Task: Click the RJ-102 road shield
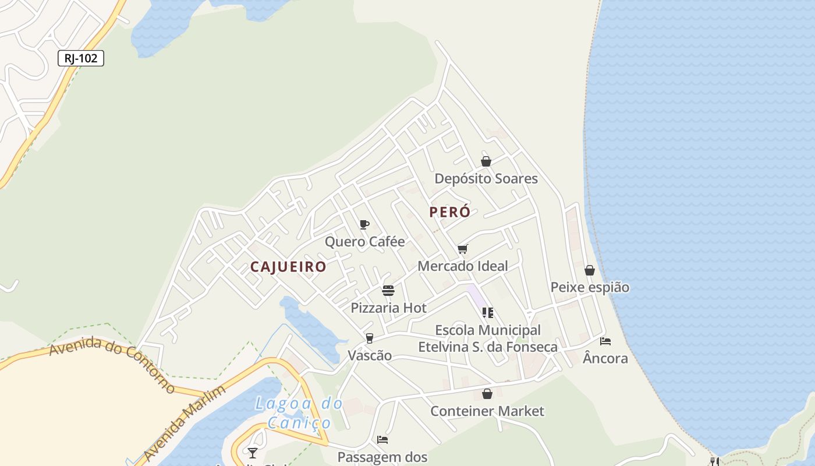(81, 58)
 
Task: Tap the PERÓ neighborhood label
(449, 212)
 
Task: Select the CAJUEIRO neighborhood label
(288, 267)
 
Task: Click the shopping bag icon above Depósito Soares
(486, 161)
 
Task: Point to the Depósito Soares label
(486, 178)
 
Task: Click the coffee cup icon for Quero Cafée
(364, 224)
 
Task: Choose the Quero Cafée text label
(364, 241)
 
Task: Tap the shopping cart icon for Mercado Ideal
(463, 249)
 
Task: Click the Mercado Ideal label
(463, 266)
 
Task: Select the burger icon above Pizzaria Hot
(388, 290)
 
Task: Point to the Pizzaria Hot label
(388, 308)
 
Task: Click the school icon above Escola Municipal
(488, 313)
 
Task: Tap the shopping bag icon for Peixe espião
(590, 270)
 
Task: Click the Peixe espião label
(590, 287)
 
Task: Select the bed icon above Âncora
(605, 341)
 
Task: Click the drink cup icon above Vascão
(369, 338)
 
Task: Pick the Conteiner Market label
(487, 411)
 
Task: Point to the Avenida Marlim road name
(184, 422)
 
